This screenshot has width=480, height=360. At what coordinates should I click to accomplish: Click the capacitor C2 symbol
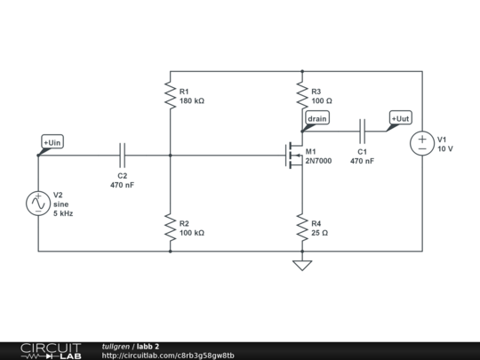coord(123,154)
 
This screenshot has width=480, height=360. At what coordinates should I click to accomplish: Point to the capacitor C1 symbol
coord(362,131)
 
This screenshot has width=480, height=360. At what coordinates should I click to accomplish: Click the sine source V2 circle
coord(39,203)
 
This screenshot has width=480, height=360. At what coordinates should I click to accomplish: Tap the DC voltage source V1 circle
coord(421,144)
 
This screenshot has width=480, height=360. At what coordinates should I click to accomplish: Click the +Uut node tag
coord(401,118)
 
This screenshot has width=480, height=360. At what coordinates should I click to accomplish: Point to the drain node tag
coord(316,118)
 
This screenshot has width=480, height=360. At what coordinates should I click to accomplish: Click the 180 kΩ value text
coord(191,101)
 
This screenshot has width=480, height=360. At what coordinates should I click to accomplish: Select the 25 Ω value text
coord(319,233)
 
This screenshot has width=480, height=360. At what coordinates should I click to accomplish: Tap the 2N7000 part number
coord(318,161)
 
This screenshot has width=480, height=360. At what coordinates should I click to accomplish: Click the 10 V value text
coord(445,149)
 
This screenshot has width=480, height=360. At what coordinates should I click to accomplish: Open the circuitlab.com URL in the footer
coord(168,355)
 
